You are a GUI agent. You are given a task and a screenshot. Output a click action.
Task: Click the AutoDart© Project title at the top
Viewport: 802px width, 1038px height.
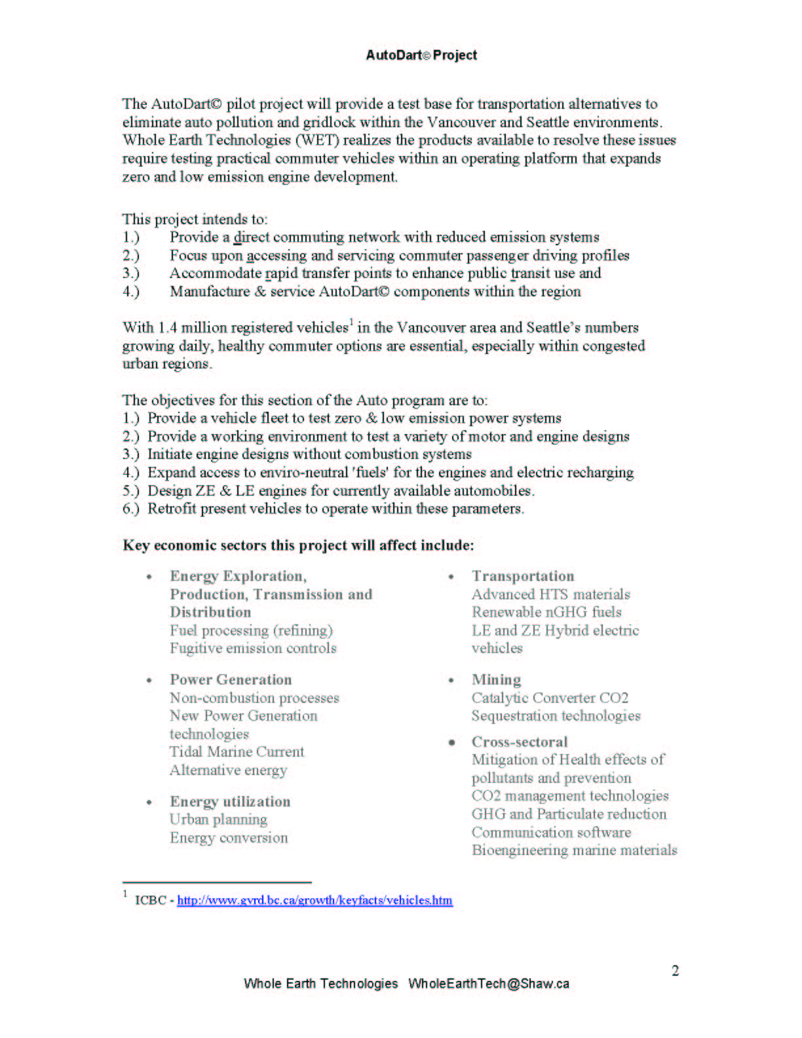[421, 55]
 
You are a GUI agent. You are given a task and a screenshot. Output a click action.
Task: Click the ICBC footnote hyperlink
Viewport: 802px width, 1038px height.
[315, 900]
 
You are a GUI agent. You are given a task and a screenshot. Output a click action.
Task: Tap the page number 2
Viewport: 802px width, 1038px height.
[675, 970]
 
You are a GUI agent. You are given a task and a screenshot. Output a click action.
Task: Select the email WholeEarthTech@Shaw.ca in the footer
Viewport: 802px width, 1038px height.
[489, 984]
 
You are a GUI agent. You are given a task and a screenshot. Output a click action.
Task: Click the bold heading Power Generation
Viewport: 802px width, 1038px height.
[231, 680]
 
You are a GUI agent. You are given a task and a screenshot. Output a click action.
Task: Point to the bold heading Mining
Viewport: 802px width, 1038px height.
[496, 680]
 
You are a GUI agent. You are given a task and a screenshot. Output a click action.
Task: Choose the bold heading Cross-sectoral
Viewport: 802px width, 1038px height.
[520, 742]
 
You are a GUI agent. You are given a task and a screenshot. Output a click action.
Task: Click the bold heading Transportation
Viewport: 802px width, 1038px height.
[523, 576]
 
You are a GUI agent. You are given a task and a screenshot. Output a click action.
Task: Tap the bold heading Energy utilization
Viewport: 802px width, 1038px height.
[230, 801]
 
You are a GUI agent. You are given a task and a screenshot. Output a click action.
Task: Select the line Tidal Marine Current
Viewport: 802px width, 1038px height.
[237, 752]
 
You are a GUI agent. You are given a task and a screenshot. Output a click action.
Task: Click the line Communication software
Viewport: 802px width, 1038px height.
[551, 832]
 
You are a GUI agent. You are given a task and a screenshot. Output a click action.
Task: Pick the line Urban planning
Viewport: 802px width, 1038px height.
[218, 820]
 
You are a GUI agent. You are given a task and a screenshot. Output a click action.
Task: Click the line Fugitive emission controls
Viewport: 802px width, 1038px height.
[253, 649]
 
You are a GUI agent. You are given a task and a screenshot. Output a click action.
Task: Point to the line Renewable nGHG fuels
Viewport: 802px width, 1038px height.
[546, 612]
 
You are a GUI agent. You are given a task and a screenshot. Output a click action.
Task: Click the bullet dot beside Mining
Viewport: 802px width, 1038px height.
[451, 681]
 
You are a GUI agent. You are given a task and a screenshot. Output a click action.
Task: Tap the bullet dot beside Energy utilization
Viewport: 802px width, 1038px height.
[149, 802]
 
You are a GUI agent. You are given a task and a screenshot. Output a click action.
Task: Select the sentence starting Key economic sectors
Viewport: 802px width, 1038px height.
[298, 546]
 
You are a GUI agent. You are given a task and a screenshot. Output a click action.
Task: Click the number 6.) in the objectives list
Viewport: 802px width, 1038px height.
[131, 509]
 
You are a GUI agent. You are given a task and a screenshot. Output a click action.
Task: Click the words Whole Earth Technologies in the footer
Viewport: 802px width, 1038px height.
[320, 984]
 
